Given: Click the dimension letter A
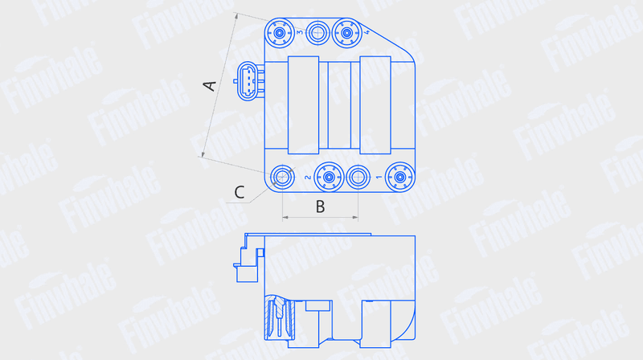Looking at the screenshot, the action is pos(210,85).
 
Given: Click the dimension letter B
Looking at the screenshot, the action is pos(320,207).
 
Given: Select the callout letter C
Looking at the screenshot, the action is pos(240,192).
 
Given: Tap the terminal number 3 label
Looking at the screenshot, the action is pos(299,32).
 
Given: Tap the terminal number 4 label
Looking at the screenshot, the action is pos(367,31).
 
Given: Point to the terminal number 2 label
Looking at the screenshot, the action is pos(308,177).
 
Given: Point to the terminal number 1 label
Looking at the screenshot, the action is pos(379,177).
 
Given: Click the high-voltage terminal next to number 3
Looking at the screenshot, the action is pos(279,33).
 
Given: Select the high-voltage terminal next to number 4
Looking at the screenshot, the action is pos(347,33).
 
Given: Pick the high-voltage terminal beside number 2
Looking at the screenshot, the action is pos(329,177).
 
